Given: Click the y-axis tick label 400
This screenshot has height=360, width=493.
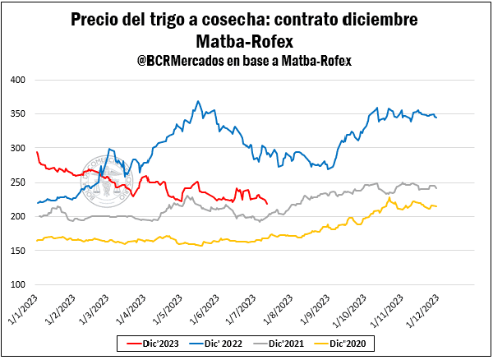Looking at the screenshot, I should [x=17, y=80].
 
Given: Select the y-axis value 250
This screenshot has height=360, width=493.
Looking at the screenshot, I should [x=17, y=182].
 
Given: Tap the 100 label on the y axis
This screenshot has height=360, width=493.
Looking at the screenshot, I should [x=17, y=284].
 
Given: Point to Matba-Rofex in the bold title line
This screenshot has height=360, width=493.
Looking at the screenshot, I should [x=246, y=40].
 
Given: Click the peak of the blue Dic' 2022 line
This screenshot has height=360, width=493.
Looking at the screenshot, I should [x=198, y=101].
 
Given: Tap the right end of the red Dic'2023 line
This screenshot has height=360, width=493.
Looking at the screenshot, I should [x=267, y=203].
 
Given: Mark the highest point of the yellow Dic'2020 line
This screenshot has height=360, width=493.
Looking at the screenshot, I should [x=389, y=197].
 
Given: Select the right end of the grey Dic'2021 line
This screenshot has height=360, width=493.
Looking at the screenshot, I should [x=435, y=189].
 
